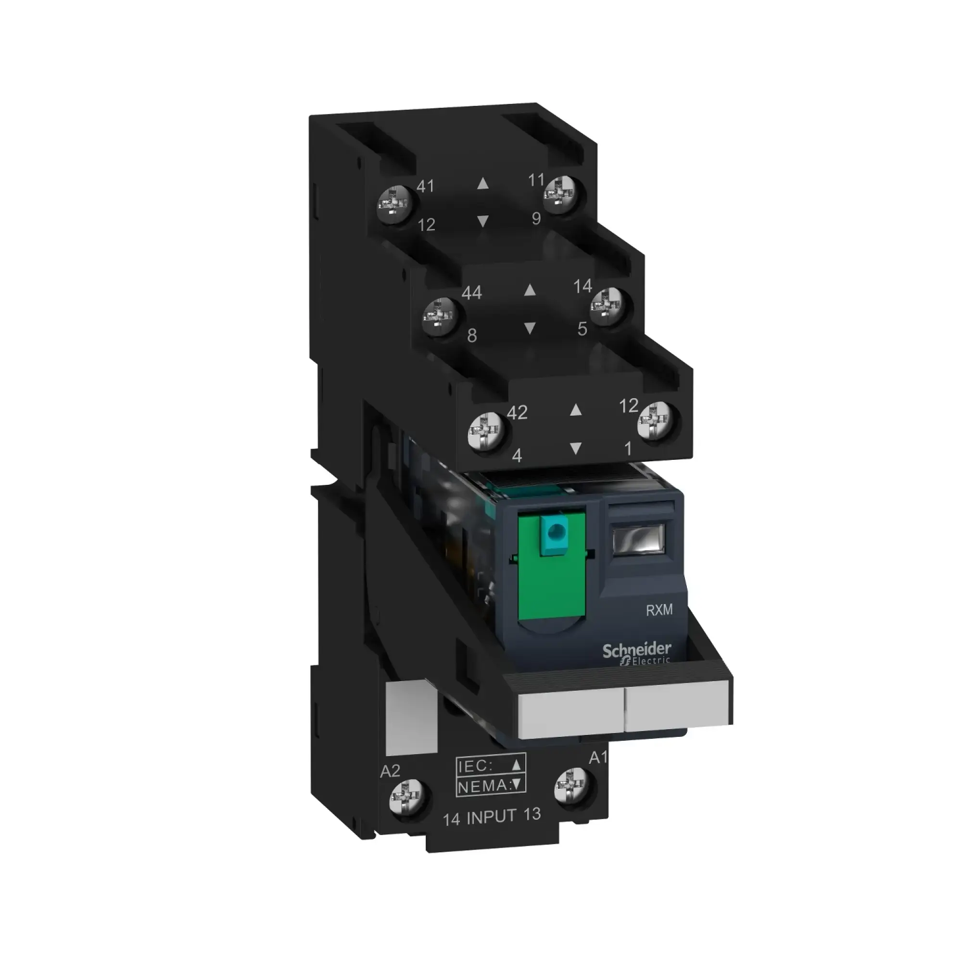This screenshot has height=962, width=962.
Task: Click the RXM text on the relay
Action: pyautogui.click(x=659, y=610)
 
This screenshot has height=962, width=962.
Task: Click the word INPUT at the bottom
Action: pyautogui.click(x=492, y=816)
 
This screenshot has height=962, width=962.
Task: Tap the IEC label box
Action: pyautogui.click(x=491, y=765)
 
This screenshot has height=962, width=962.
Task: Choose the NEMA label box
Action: pyautogui.click(x=491, y=785)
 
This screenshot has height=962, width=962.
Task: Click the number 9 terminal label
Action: pyautogui.click(x=536, y=218)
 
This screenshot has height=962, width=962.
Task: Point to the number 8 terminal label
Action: pyautogui.click(x=472, y=336)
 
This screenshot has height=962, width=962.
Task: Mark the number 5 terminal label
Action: pyautogui.click(x=582, y=329)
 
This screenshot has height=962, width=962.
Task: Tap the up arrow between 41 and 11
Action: pyautogui.click(x=482, y=184)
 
